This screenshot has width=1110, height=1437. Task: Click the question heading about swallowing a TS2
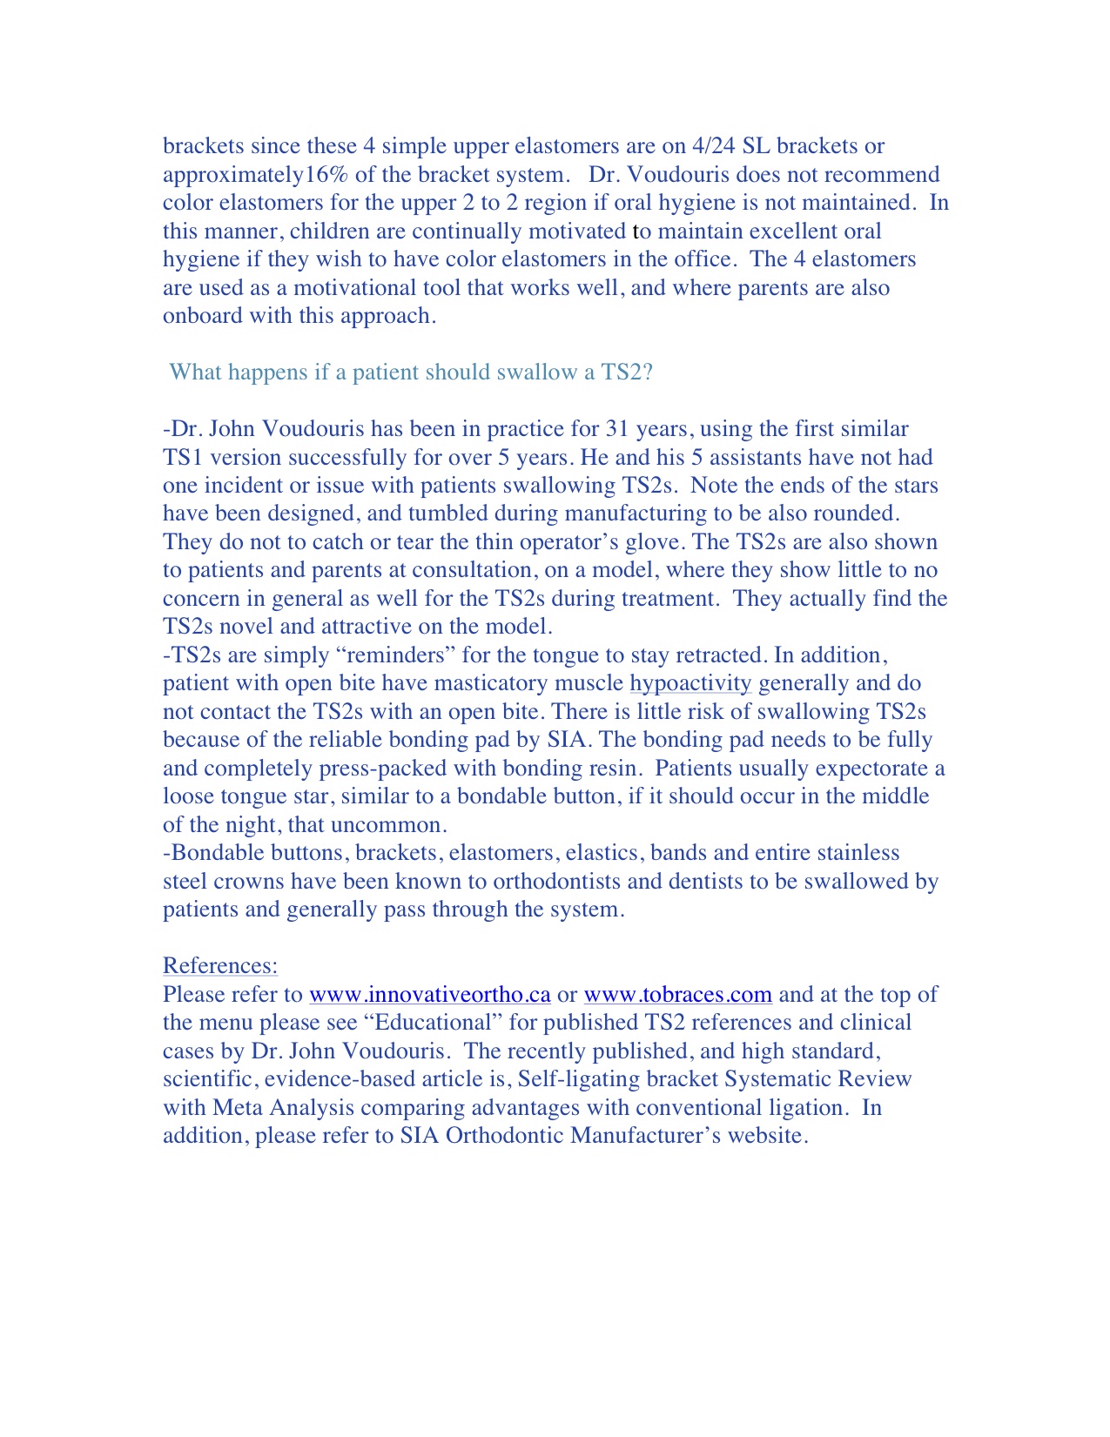411,373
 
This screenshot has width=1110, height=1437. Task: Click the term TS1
183,458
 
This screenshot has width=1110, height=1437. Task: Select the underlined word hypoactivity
690,683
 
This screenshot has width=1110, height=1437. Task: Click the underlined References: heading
220,966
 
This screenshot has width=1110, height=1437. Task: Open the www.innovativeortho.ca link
430,995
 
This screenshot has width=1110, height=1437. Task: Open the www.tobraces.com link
677,995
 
